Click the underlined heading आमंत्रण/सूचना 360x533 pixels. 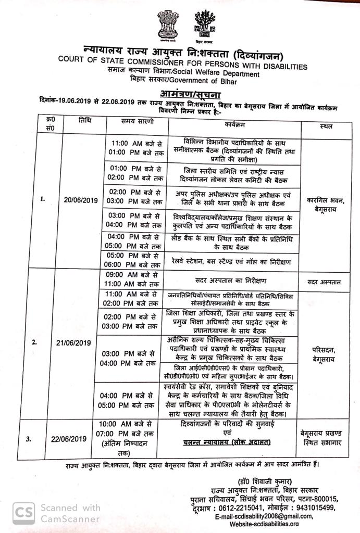tap(185, 94)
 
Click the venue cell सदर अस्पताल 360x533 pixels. tap(324, 282)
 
